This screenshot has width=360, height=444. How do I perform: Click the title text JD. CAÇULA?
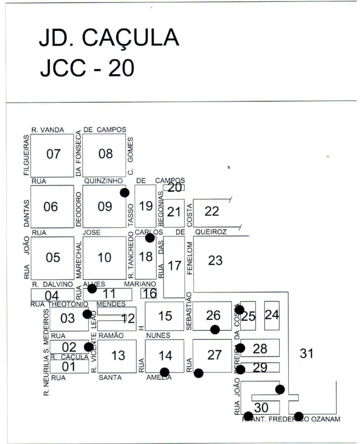108,39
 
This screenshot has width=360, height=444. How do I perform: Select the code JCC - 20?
87,67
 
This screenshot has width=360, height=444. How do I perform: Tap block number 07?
53,154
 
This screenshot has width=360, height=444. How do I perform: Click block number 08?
105,154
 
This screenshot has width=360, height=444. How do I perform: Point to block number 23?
215,260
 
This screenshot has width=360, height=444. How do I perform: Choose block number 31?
307,353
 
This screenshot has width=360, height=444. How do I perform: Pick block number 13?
118,356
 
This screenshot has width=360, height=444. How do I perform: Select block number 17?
174,265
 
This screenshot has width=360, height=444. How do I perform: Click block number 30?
262,408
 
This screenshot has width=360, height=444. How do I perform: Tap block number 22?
212,211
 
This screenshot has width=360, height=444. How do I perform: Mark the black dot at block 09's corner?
124,193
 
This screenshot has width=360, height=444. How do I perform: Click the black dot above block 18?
150,238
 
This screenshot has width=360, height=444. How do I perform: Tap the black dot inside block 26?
215,330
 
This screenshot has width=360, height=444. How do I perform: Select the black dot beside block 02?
88,347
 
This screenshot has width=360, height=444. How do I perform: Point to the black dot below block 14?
164,372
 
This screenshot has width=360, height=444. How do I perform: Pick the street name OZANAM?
324,419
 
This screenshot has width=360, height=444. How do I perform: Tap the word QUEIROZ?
211,232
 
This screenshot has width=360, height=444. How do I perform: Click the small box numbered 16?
150,293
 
